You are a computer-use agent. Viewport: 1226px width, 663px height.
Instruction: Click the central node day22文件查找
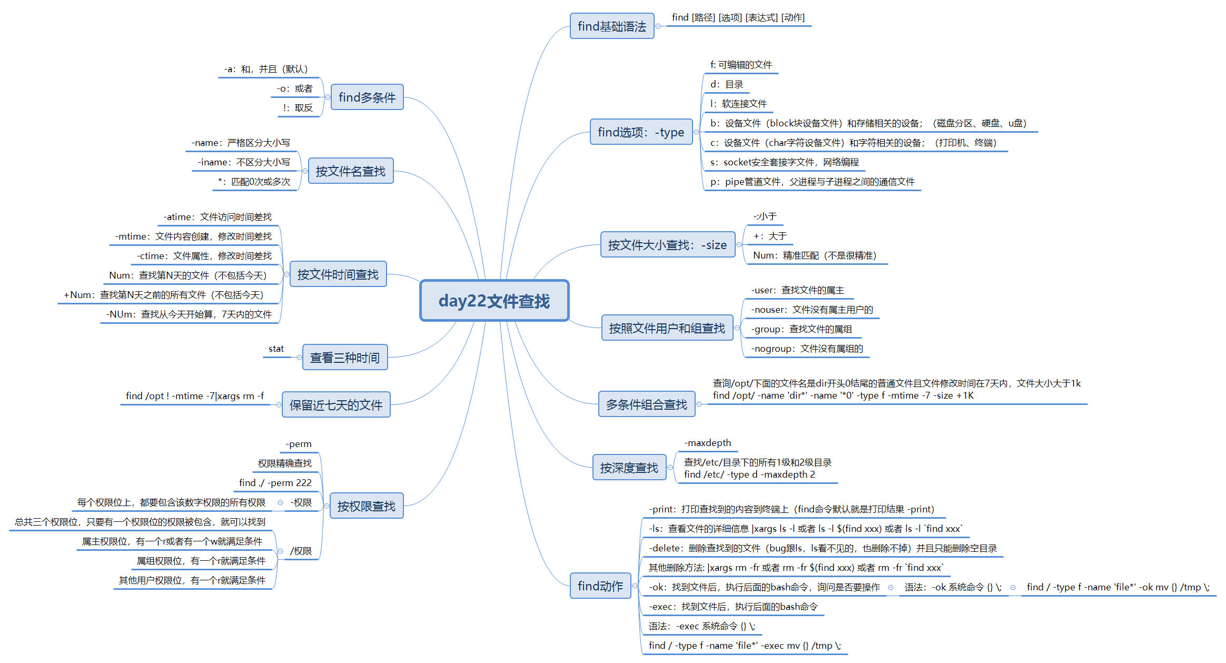pos(494,301)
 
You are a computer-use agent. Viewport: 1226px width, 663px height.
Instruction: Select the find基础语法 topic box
pos(611,26)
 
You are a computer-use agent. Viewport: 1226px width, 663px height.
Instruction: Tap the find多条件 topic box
pos(367,97)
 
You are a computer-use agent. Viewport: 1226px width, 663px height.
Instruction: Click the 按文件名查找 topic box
pos(350,171)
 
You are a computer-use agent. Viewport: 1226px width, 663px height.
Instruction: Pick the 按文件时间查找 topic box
pos(338,274)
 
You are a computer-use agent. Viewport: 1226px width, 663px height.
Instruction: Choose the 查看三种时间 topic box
pos(344,358)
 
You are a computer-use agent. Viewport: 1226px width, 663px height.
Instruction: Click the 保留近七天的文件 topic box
pos(335,405)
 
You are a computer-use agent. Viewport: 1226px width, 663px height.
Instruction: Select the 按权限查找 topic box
pos(366,506)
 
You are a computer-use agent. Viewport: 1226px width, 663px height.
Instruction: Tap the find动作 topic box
pos(600,586)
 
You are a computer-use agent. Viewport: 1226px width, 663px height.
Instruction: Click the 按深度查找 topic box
pos(629,468)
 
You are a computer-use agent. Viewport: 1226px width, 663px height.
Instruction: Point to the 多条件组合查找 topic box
pos(646,404)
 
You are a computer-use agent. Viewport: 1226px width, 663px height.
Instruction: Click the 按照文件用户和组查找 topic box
pos(667,328)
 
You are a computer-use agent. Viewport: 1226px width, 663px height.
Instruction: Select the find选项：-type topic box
pos(640,132)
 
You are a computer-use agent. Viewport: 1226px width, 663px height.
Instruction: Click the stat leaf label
pos(276,349)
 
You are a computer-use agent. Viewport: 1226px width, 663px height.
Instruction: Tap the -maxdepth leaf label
pos(707,443)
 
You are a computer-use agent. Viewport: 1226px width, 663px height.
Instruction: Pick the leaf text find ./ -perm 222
pos(275,483)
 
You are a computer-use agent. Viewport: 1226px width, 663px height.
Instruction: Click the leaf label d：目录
pos(726,84)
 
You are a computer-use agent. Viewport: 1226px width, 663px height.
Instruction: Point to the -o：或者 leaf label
pos(294,88)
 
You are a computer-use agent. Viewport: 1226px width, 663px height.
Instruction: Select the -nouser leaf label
pos(812,310)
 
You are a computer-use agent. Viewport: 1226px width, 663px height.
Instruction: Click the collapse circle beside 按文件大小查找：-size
pos(739,245)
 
